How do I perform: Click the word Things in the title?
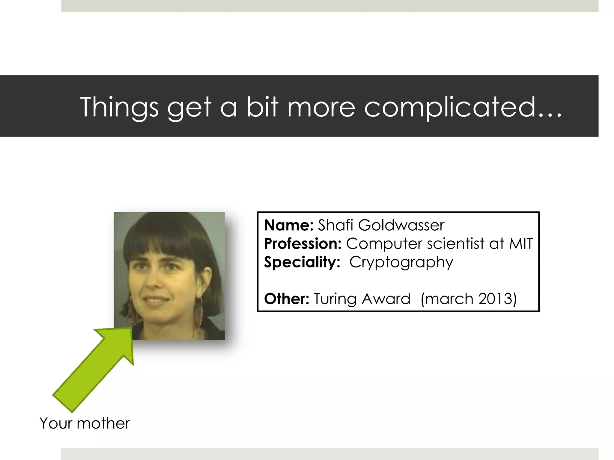119,107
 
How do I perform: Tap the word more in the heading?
321,107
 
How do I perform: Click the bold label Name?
289,225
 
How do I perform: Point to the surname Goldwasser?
401,225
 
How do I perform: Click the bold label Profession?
303,243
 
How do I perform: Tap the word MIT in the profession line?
521,243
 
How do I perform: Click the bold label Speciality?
302,262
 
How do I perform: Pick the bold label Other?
286,299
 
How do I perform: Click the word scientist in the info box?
456,243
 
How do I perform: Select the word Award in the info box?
386,299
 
